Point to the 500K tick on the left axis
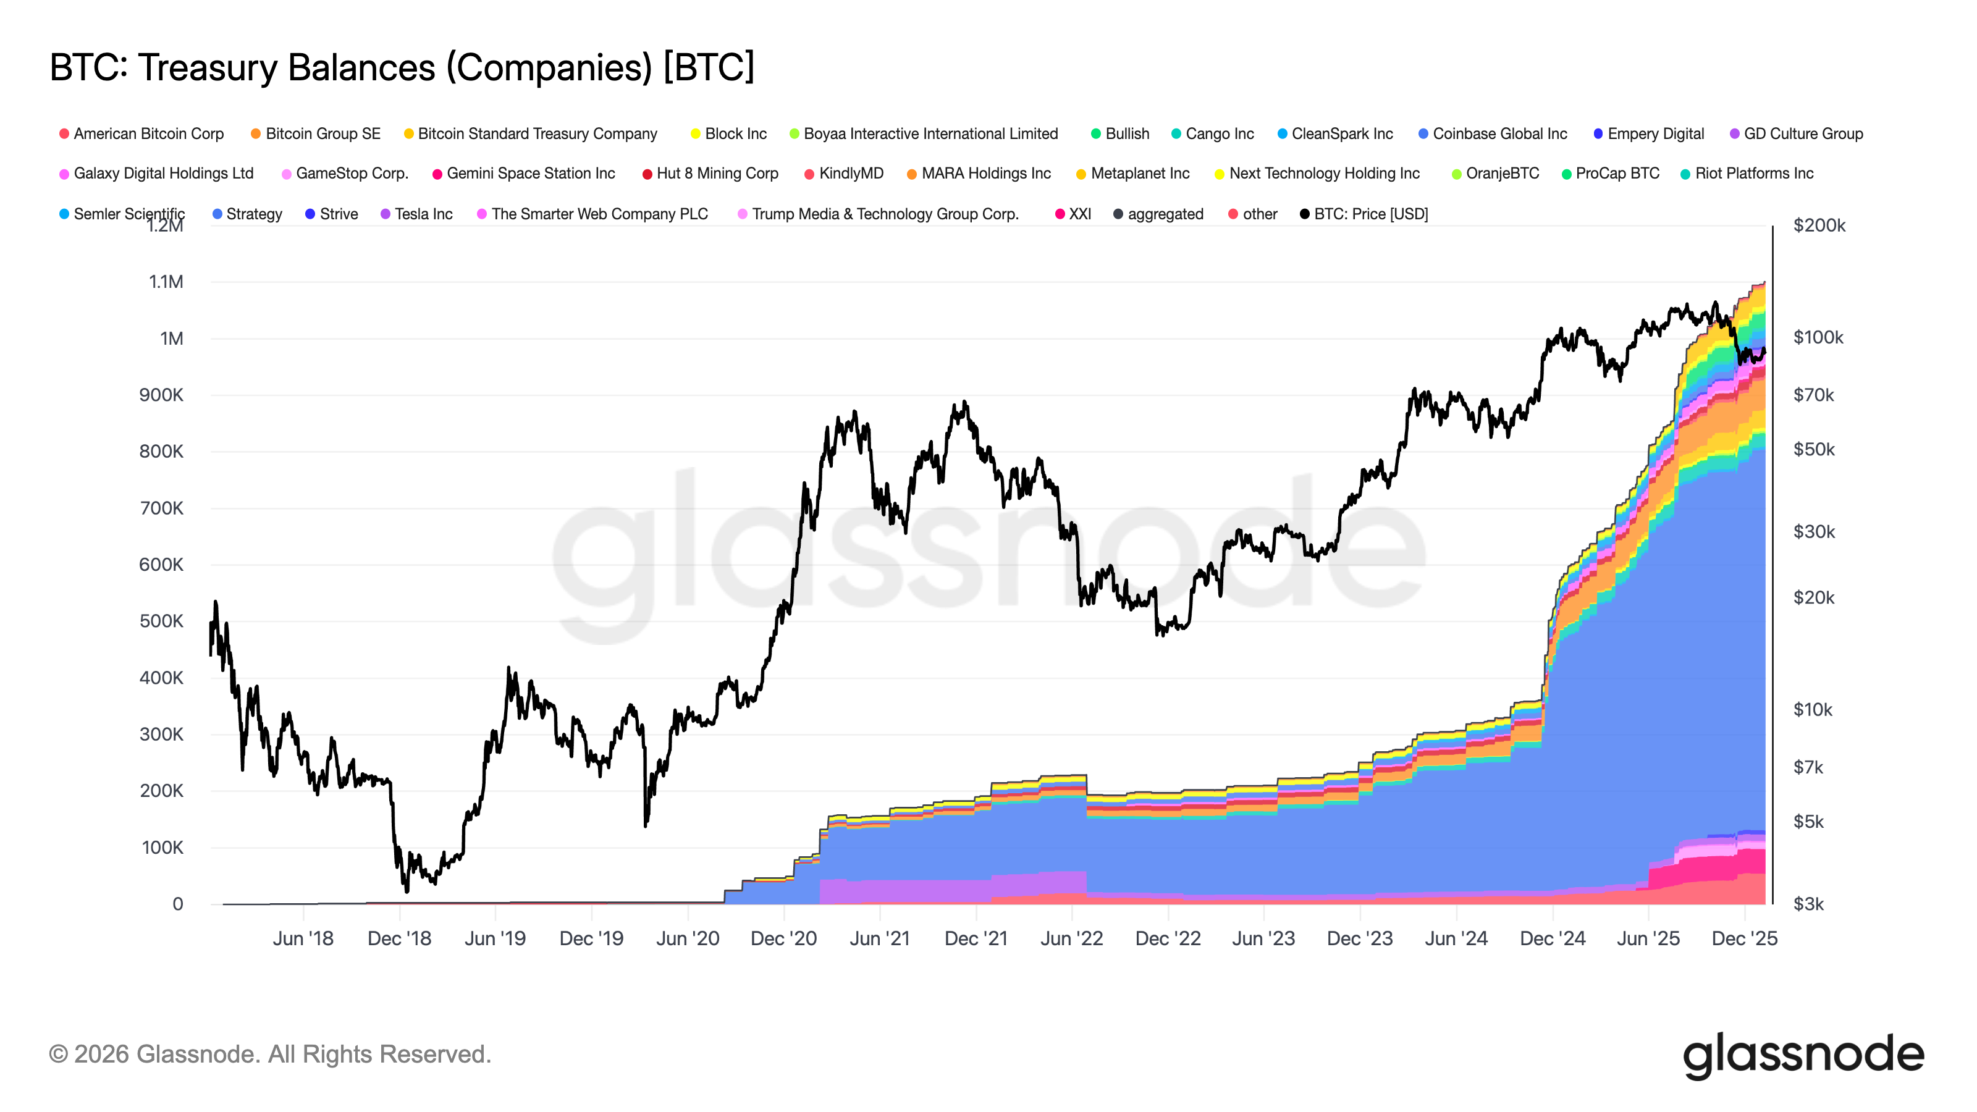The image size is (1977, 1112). tap(161, 621)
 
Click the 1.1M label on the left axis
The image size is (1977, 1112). tap(166, 282)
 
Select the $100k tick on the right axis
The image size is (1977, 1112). tap(1818, 337)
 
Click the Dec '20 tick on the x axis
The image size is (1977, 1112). tap(783, 938)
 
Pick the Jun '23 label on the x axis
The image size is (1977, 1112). tap(1263, 938)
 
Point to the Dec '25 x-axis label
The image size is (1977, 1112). tap(1743, 938)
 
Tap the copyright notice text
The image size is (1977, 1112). tap(269, 1055)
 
